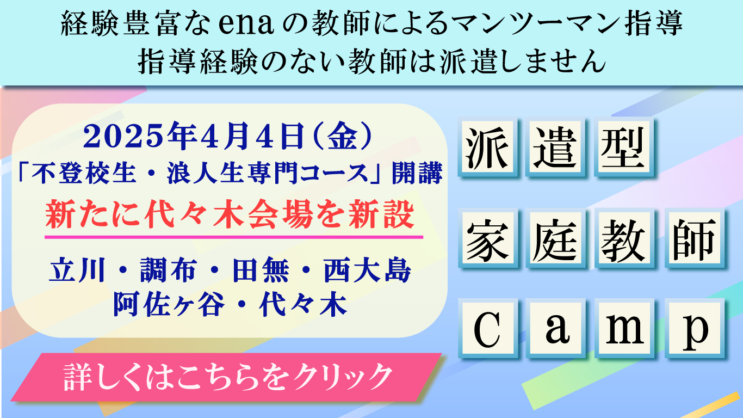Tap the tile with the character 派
coord(487,147)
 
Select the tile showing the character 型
coord(624,147)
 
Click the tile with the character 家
coord(487,238)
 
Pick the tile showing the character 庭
coord(555,238)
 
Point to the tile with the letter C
coord(487,329)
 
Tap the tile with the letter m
coord(624,329)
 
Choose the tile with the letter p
coord(694,329)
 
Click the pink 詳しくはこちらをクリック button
coord(227,377)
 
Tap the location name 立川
coord(77,271)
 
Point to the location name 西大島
coord(367,271)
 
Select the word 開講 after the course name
coord(417,173)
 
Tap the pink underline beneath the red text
coord(234,237)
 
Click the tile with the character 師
coord(694,238)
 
